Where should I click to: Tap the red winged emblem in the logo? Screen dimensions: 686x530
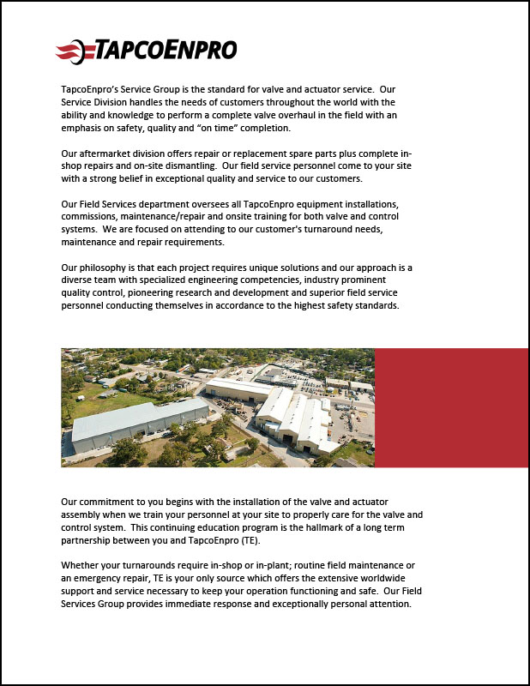pos(69,51)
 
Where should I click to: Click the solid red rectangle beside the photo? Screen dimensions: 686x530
pos(451,407)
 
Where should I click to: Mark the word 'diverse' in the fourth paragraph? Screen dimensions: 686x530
pos(81,280)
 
